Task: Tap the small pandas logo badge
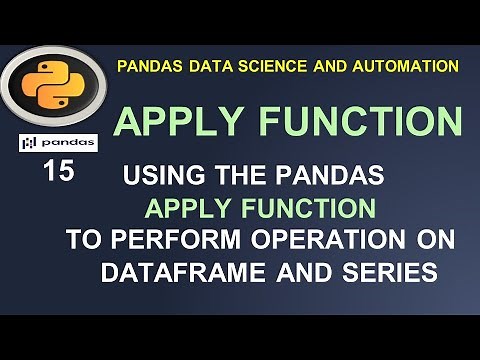(57, 143)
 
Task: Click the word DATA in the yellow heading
(204, 66)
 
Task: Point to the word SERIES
(391, 271)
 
